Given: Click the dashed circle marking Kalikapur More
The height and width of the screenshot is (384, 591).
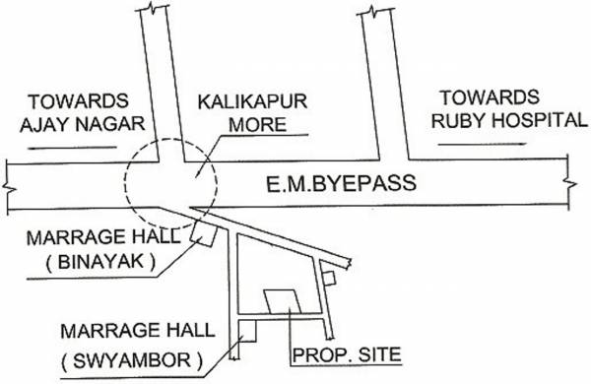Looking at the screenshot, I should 168,181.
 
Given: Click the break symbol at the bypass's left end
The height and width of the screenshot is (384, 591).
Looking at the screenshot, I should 7,186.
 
